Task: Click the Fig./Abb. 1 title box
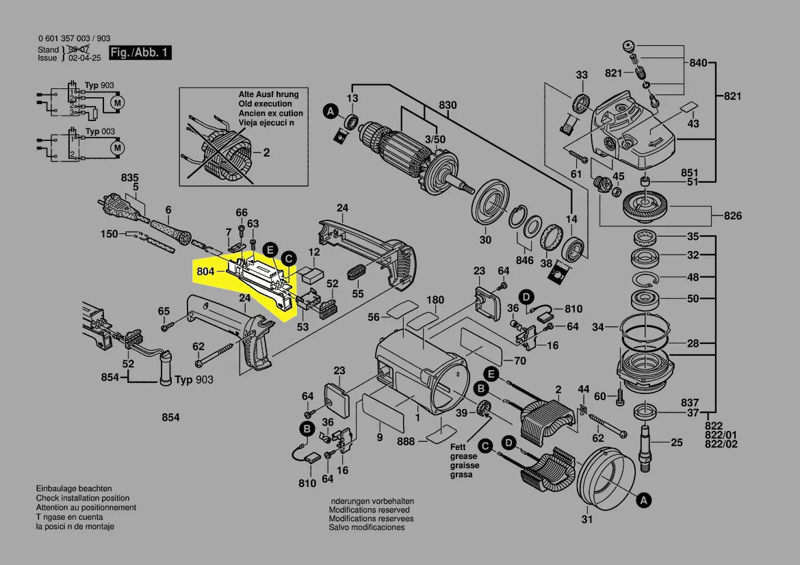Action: (140, 53)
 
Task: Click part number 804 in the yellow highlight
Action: (205, 272)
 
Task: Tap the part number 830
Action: (447, 105)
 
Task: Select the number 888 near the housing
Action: (407, 442)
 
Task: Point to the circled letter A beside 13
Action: (331, 111)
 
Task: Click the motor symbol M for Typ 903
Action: (117, 103)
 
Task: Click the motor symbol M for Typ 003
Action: (117, 147)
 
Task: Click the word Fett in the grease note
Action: (458, 447)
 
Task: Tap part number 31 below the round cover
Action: (586, 520)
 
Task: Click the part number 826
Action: (732, 217)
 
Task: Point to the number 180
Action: (435, 300)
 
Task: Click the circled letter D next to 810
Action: (526, 297)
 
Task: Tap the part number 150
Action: (109, 234)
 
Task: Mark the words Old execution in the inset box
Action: (265, 103)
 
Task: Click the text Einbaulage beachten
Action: (74, 489)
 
